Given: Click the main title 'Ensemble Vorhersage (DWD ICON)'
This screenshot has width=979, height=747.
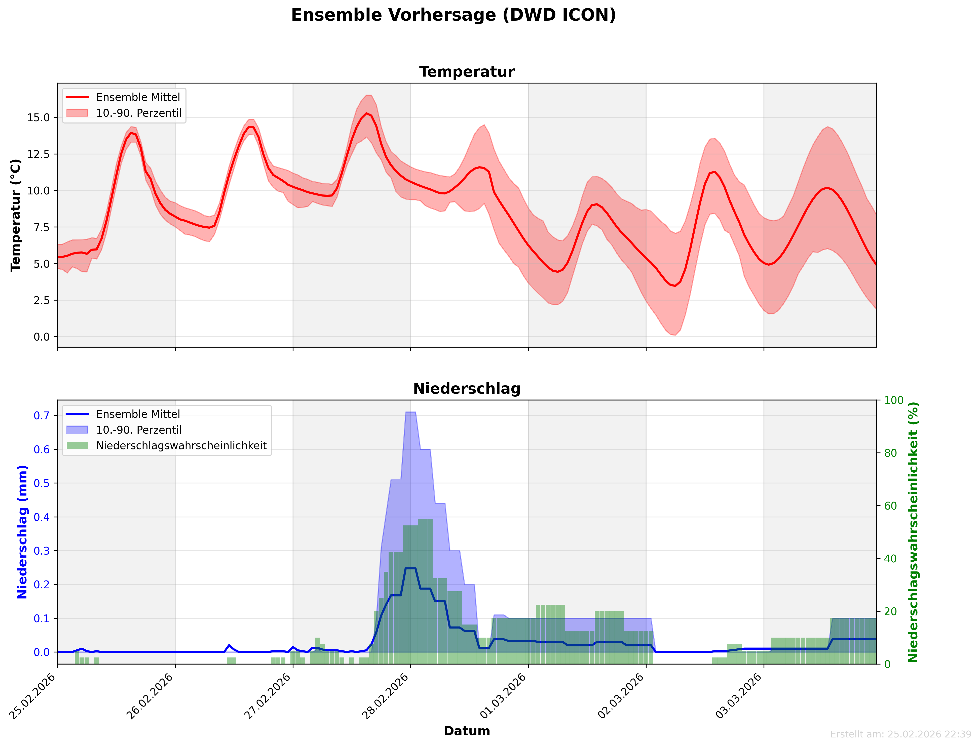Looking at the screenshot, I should click(453, 15).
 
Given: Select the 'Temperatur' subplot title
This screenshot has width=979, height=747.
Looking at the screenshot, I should click(467, 72).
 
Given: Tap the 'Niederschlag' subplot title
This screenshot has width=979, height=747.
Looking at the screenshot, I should click(467, 389).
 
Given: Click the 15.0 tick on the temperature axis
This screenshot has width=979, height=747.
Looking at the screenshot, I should click(39, 117).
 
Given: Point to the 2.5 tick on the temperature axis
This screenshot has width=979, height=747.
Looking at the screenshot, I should click(42, 300).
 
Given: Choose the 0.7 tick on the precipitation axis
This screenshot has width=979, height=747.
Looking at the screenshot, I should click(42, 415).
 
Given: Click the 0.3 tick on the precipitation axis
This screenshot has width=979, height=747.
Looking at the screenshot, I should click(42, 551).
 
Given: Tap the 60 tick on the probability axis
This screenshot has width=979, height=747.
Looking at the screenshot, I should click(890, 506).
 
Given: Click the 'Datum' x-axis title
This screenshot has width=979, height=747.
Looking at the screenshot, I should click(467, 731).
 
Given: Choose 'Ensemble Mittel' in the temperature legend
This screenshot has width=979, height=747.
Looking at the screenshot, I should click(138, 97).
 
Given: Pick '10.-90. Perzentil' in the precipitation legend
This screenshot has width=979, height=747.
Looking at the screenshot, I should click(139, 430).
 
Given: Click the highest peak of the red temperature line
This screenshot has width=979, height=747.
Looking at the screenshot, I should click(366, 113).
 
